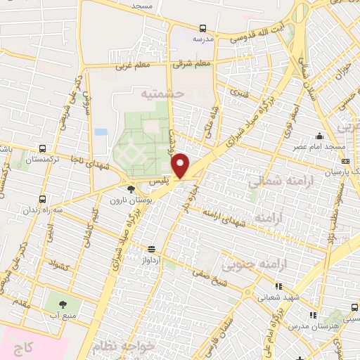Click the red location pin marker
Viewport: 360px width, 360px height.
pyautogui.click(x=181, y=165)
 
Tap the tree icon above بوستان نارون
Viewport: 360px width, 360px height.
pyautogui.click(x=131, y=188)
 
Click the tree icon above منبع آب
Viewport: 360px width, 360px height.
pyautogui.click(x=63, y=304)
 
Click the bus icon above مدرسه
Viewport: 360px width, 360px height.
pyautogui.click(x=203, y=29)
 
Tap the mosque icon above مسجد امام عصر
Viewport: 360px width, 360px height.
pyautogui.click(x=320, y=136)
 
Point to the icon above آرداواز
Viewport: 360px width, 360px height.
pyautogui.click(x=150, y=248)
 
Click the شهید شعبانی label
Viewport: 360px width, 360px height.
pyautogui.click(x=279, y=297)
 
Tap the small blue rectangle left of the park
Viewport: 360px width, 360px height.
pyautogui.click(x=101, y=131)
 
